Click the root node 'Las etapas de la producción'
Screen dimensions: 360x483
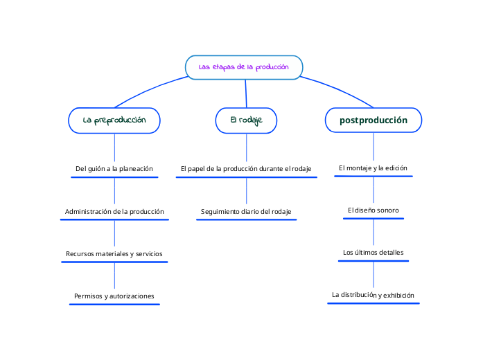pos(244,67)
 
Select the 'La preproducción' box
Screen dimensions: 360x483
pos(114,120)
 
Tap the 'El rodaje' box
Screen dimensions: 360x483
pos(246,120)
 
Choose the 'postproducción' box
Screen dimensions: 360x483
pos(374,120)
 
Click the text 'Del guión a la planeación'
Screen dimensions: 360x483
pos(114,168)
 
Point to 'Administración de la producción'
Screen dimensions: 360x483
pos(114,211)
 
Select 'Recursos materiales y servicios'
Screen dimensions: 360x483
pos(114,253)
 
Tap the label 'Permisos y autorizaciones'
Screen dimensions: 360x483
pos(114,296)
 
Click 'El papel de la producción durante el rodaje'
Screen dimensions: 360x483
pos(246,168)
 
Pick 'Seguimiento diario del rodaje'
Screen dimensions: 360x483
pos(246,211)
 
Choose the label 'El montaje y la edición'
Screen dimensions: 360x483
pos(373,168)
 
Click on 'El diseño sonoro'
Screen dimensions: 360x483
pos(373,210)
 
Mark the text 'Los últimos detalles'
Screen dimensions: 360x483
pos(373,252)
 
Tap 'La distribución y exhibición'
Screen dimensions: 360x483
pos(373,294)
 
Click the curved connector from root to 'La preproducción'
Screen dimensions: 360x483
pos(149,89)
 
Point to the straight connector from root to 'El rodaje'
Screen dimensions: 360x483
pos(246,93)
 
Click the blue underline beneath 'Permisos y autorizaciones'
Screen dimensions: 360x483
pos(114,304)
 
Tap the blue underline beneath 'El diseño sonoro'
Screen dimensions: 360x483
pos(373,219)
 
